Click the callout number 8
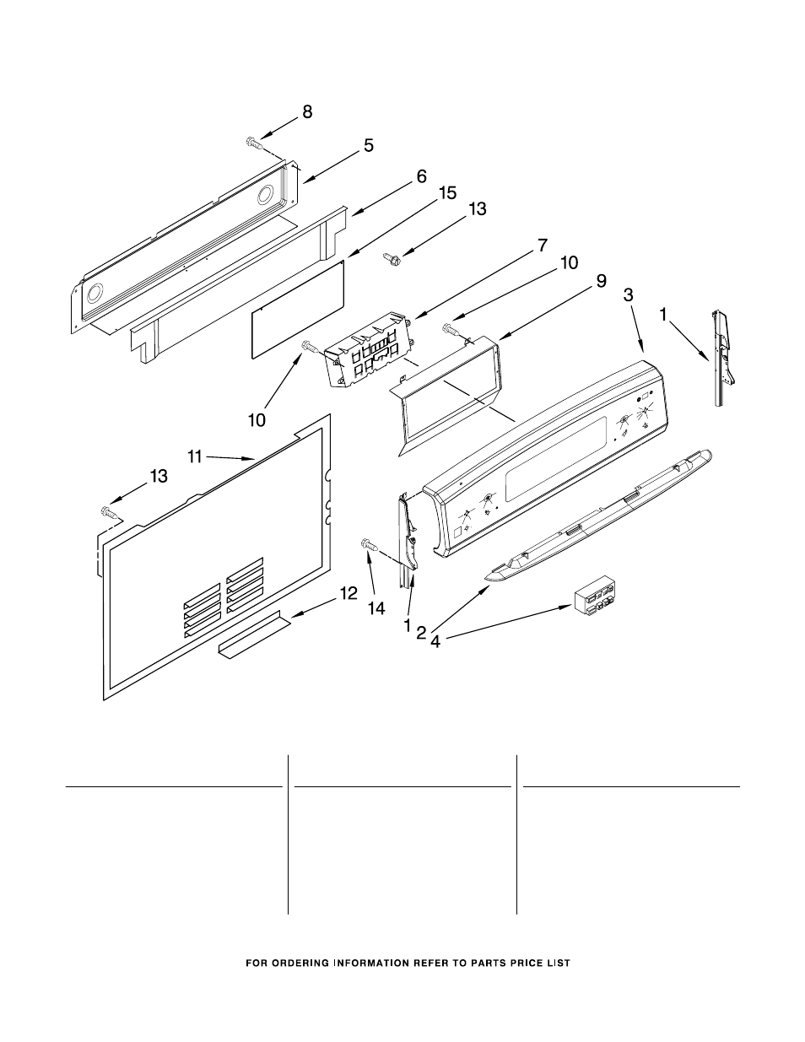coord(307,111)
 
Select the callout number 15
coord(447,193)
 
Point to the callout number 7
coord(542,246)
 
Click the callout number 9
coord(601,282)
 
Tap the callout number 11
coord(195,456)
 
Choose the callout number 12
coord(348,594)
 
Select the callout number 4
coord(435,640)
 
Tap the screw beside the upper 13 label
coord(392,259)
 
